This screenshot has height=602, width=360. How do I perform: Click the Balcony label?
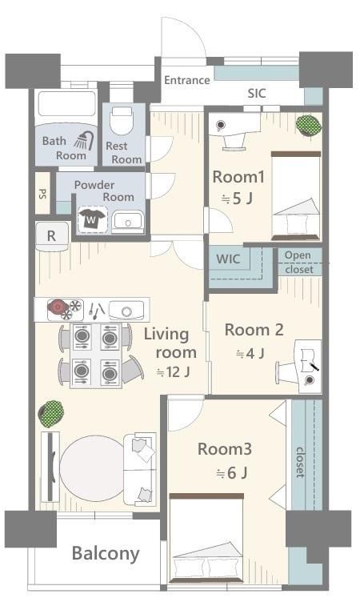[106, 553]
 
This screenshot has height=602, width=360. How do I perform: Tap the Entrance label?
[186, 80]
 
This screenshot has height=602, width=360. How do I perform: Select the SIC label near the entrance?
[256, 93]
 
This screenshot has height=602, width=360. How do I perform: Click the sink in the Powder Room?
[126, 220]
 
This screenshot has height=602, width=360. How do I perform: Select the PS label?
[42, 194]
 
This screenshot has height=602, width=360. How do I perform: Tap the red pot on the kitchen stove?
[57, 307]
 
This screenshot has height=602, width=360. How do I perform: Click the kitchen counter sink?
[126, 309]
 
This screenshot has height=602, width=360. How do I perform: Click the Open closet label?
[299, 263]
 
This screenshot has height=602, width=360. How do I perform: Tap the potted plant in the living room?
[50, 414]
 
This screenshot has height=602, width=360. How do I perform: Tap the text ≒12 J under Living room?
[173, 371]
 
